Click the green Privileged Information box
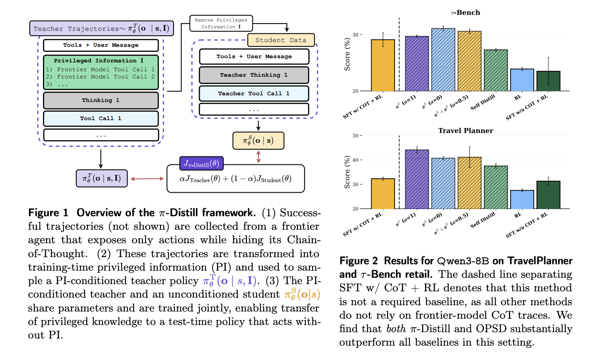(x=101, y=73)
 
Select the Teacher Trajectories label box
(x=101, y=29)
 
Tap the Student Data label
(x=281, y=40)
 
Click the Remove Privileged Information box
(x=221, y=23)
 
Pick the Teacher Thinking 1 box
(x=254, y=75)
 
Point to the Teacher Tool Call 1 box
(x=254, y=94)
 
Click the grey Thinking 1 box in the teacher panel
(x=101, y=100)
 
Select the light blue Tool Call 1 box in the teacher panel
(x=101, y=118)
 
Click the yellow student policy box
(x=258, y=140)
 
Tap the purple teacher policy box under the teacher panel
(x=102, y=178)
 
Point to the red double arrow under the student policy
(x=258, y=157)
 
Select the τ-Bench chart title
(x=465, y=13)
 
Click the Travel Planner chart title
(x=466, y=131)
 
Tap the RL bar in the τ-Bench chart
(x=522, y=80)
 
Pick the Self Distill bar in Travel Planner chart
(x=495, y=187)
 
